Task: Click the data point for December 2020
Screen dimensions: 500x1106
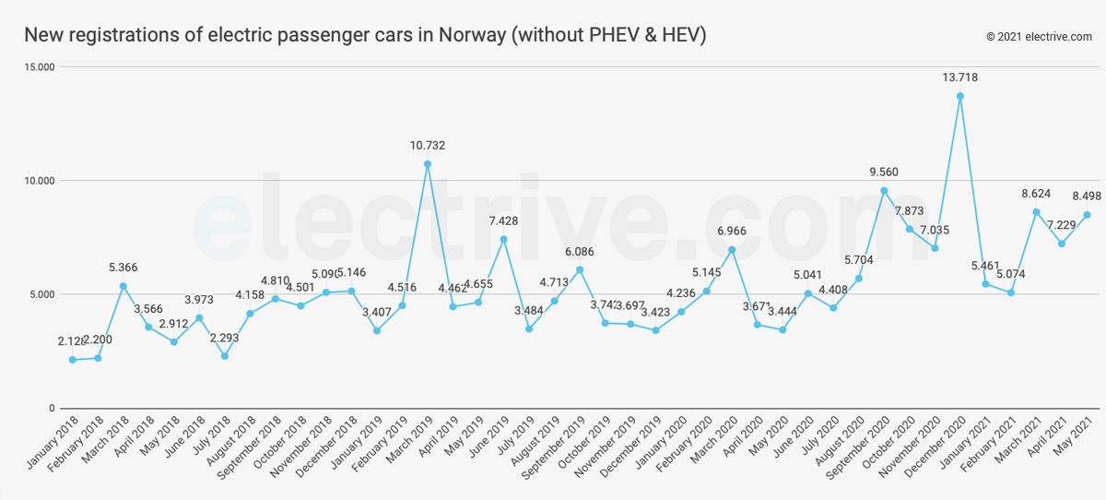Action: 959,96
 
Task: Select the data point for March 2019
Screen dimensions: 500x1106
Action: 427,164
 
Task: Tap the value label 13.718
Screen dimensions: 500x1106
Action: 959,77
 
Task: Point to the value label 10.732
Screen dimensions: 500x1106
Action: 427,146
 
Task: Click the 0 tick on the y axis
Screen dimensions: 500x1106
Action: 52,409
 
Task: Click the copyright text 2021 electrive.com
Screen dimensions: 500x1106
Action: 1039,37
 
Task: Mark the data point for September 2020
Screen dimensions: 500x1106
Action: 884,191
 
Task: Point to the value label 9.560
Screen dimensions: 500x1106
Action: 884,173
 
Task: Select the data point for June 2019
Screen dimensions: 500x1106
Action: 503,239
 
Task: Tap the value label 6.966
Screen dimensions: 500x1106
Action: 732,231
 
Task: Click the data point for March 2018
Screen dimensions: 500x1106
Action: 123,286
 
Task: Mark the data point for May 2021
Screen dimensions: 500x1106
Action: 1087,215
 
